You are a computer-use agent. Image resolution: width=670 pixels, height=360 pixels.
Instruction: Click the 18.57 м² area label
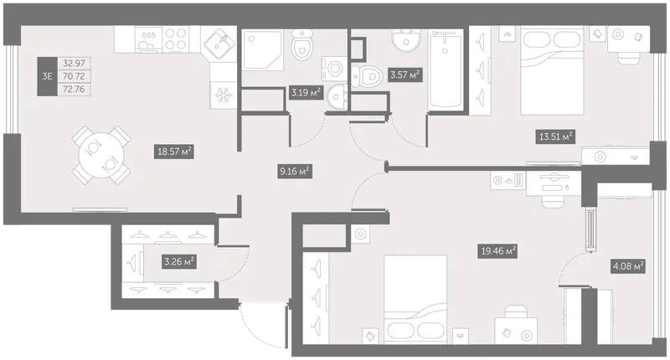(x=174, y=152)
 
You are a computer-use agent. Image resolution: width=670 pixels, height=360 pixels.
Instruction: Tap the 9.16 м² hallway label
(x=295, y=172)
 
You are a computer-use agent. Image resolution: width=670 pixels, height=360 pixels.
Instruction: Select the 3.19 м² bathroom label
(x=306, y=92)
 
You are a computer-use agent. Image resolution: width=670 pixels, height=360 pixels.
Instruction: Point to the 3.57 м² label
(x=405, y=75)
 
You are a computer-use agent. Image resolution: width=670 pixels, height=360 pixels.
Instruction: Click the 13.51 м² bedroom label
(x=555, y=136)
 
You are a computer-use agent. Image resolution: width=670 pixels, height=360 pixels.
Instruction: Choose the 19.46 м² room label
(x=497, y=250)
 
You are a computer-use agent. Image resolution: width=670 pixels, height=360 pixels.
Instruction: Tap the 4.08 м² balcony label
(x=627, y=266)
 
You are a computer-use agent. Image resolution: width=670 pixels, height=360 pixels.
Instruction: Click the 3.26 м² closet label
(x=179, y=261)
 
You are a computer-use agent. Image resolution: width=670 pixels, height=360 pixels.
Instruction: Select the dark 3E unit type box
(x=47, y=76)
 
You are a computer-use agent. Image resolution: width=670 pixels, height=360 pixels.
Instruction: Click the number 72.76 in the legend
(x=74, y=90)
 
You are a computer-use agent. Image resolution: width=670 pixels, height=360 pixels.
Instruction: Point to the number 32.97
(x=74, y=63)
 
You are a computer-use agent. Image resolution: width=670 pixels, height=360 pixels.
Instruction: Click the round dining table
(x=101, y=156)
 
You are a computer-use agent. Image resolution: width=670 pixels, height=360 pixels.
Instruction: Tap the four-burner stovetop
(x=176, y=39)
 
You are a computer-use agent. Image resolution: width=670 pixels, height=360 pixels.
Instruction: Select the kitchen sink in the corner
(x=219, y=43)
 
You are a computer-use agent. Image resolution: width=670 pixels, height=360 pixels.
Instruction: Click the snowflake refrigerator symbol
(x=223, y=95)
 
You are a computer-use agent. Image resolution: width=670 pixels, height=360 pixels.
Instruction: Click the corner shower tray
(x=262, y=50)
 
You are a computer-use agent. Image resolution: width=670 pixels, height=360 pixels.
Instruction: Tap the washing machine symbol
(x=334, y=69)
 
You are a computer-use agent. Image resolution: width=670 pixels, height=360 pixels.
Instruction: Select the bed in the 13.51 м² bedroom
(x=552, y=71)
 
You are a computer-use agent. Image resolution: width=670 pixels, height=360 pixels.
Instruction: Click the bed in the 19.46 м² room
(x=415, y=300)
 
